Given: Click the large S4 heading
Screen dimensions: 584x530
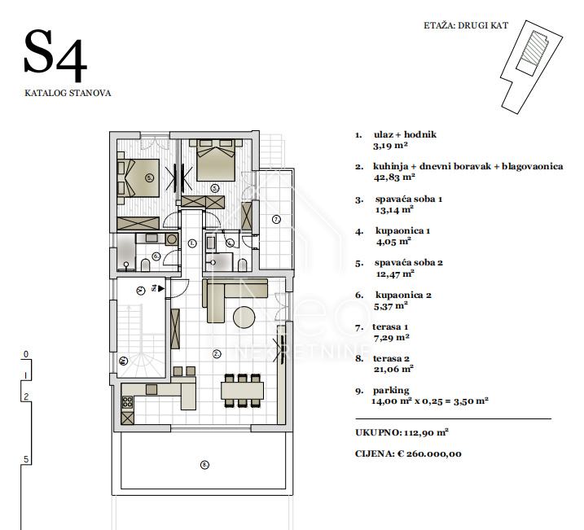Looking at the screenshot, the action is (x=55, y=55).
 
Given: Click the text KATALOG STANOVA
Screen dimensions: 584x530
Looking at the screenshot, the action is (x=68, y=93).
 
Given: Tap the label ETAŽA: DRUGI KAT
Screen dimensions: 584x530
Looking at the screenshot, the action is (x=466, y=26).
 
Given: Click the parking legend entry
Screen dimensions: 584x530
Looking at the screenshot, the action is (x=391, y=391).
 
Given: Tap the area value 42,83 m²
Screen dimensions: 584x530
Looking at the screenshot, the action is (x=394, y=177).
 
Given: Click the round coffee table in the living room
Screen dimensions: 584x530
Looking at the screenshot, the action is (x=244, y=318).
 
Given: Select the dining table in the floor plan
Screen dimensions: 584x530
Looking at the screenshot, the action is (x=242, y=391).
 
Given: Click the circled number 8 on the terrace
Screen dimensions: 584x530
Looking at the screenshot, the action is (x=204, y=465).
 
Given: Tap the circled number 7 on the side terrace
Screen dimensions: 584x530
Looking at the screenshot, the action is (x=276, y=220).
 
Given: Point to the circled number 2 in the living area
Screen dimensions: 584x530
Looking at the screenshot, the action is (x=217, y=354).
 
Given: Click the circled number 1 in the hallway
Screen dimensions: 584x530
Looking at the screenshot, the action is (x=192, y=243).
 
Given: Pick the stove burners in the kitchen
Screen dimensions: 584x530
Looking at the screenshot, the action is (x=127, y=401).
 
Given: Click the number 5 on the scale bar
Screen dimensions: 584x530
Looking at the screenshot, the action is (x=26, y=459).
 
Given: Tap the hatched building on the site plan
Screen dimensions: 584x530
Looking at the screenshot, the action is (x=534, y=47).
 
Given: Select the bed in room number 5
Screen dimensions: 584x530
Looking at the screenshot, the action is (x=138, y=178).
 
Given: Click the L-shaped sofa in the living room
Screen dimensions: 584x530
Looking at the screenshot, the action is (x=223, y=294).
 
